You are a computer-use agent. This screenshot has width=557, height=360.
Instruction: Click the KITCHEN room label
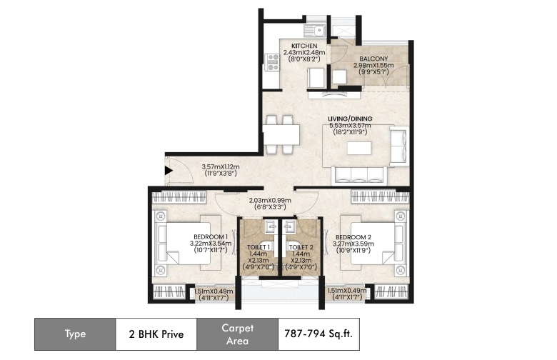point(304,46)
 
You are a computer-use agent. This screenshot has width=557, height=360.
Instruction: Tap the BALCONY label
point(373,59)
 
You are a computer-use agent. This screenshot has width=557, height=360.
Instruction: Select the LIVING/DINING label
point(350,119)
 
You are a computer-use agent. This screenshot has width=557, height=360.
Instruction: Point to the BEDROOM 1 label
point(211,236)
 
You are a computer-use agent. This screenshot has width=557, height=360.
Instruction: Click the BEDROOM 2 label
point(353,237)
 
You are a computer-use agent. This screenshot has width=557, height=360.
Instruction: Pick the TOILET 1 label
point(259,247)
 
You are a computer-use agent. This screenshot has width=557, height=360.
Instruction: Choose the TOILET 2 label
point(301,247)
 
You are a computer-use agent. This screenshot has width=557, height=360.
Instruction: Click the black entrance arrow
point(169,171)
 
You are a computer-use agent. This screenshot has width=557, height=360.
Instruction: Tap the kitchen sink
point(315,30)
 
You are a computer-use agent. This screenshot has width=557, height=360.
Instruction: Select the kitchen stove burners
point(274,62)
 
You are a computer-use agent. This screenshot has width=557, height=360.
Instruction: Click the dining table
point(281,135)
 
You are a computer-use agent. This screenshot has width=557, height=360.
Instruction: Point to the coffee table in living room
point(359,148)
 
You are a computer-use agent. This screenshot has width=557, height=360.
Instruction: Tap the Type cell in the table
point(75,334)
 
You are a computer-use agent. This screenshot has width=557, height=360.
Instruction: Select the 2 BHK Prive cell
point(156,334)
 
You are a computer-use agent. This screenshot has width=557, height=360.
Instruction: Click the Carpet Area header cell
point(237,334)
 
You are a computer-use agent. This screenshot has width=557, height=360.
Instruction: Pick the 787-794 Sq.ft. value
point(318,334)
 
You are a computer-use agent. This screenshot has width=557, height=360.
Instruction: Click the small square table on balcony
point(340,76)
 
